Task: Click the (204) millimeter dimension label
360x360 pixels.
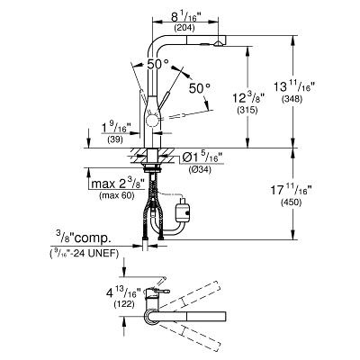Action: pyautogui.click(x=184, y=28)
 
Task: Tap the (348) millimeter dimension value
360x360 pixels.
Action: pyautogui.click(x=292, y=99)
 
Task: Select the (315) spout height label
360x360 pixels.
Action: pyautogui.click(x=247, y=110)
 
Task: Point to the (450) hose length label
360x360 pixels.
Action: pyautogui.click(x=291, y=202)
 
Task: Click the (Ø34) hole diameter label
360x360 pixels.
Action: pyautogui.click(x=200, y=169)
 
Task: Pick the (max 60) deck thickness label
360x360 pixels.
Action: pyautogui.click(x=117, y=195)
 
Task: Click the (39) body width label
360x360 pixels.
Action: pyautogui.click(x=115, y=139)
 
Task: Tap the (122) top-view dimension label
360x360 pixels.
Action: pyautogui.click(x=124, y=304)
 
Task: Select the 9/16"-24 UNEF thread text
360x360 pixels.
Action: pyautogui.click(x=84, y=254)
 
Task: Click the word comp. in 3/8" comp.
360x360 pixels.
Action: pyautogui.click(x=93, y=238)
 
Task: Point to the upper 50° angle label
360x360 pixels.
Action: pyautogui.click(x=157, y=64)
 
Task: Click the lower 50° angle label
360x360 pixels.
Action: pyautogui.click(x=200, y=88)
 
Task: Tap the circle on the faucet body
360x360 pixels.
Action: pyautogui.click(x=152, y=121)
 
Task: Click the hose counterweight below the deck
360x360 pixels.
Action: pyautogui.click(x=184, y=210)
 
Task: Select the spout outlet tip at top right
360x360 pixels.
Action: pyautogui.click(x=218, y=44)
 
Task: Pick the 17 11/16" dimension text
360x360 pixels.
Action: pyautogui.click(x=291, y=191)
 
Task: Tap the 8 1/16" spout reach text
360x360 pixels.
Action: pyautogui.click(x=184, y=18)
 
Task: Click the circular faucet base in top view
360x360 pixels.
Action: pyautogui.click(x=152, y=317)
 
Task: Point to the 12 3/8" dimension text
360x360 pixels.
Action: pyautogui.click(x=247, y=98)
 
